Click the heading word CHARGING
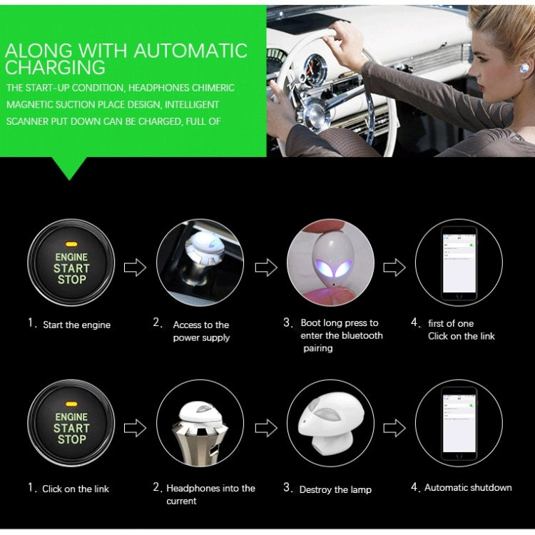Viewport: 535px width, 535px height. [x=55, y=68]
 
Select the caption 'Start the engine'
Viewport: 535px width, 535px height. [x=76, y=325]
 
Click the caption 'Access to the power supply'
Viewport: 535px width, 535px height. [x=200, y=331]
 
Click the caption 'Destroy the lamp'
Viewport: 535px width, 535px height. [x=335, y=489]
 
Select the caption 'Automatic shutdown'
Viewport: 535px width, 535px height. [x=468, y=487]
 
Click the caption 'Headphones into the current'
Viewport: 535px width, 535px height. [x=210, y=494]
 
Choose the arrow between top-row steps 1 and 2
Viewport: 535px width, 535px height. [x=135, y=267]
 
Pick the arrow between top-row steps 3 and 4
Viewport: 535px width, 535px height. [x=394, y=267]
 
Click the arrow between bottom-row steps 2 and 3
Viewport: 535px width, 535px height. [x=265, y=428]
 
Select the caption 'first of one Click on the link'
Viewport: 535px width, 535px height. [x=461, y=330]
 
